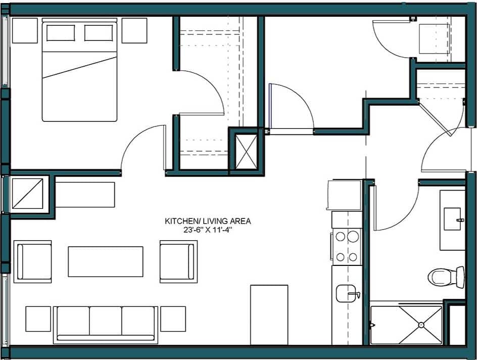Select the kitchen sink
coord(346,293)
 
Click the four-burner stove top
coord(347,247)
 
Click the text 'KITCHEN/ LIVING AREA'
coord(208,221)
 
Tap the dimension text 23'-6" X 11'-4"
coord(208,230)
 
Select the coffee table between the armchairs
coord(106,261)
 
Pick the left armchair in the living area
coord(34,261)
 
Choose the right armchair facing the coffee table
coord(178,261)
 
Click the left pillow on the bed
coord(61,33)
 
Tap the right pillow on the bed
coord(99,33)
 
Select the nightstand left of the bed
coord(25,31)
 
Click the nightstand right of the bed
coord(134,31)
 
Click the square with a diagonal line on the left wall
coord(27,194)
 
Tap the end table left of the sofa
coord(38,319)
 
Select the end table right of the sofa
coord(173,319)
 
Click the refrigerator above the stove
coord(345,195)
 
